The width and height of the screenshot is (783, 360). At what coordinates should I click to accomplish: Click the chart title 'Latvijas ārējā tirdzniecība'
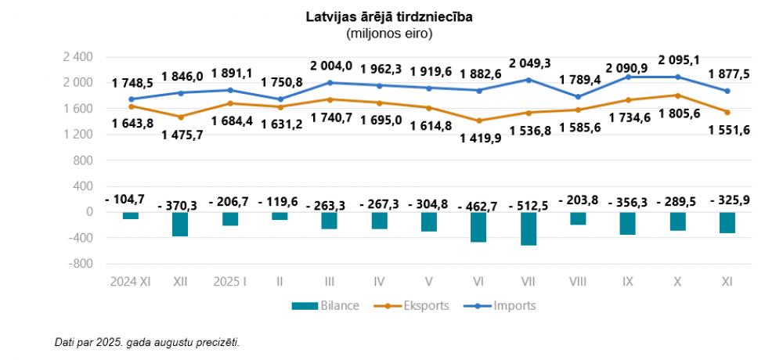click(389, 16)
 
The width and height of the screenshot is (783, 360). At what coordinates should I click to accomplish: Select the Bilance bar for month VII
click(529, 229)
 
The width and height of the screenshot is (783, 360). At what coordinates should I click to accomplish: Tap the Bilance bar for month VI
click(478, 227)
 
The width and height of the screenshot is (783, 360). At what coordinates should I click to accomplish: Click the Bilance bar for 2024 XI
click(131, 215)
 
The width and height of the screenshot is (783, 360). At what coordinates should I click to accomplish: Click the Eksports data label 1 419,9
click(478, 139)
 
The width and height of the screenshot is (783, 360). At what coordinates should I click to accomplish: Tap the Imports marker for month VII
click(529, 80)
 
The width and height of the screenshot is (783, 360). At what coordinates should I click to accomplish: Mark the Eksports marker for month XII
click(181, 117)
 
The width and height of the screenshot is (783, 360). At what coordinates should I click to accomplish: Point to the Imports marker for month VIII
click(579, 97)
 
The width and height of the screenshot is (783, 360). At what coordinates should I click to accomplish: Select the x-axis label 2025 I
click(230, 280)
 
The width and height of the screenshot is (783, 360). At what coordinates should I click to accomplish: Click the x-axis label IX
click(627, 280)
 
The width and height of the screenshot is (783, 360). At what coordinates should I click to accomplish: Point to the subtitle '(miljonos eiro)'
click(389, 34)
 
